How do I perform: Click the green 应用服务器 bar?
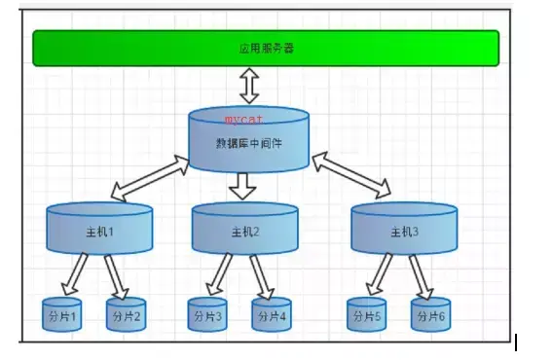[x=265, y=48]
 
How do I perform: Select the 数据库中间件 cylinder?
[x=247, y=141]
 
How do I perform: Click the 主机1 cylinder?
[x=99, y=231]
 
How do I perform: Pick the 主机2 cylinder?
[x=244, y=231]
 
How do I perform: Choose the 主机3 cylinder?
[x=403, y=231]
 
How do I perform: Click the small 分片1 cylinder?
[x=62, y=315]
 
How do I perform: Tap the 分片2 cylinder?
[x=126, y=315]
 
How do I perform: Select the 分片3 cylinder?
[x=206, y=315]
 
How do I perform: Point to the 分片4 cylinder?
[x=271, y=315]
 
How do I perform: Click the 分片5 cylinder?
[x=366, y=315]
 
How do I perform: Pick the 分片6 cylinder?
[x=429, y=315]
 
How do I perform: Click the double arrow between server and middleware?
[x=248, y=86]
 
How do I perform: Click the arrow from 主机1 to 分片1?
[x=76, y=273]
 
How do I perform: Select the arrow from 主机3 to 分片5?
[x=378, y=273]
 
